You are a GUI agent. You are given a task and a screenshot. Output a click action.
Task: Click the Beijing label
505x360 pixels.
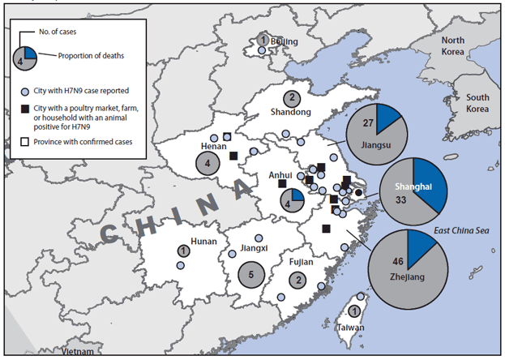pyautogui.click(x=284, y=41)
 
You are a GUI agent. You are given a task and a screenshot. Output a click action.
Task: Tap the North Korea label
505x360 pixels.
pyautogui.click(x=452, y=45)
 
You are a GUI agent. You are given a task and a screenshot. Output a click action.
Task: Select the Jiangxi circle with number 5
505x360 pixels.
pyautogui.click(x=251, y=274)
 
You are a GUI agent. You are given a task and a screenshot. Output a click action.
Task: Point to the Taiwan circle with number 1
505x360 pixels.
pyautogui.click(x=354, y=311)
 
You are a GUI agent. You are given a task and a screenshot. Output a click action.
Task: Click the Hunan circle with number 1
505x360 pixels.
pyautogui.click(x=184, y=251)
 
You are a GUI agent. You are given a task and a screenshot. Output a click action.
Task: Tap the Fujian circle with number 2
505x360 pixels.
pyautogui.click(x=300, y=280)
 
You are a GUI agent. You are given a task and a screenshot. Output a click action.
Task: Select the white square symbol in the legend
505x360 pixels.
pyautogui.click(x=26, y=143)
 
